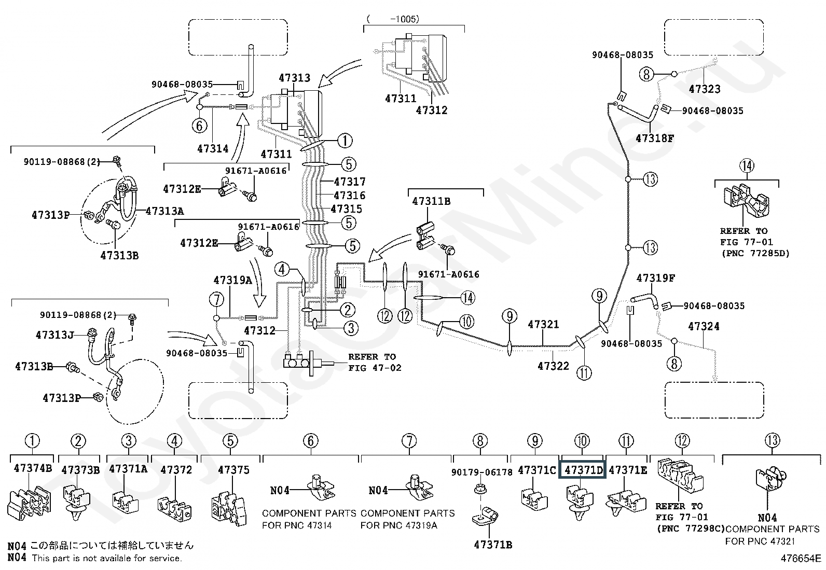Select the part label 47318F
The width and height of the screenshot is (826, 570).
point(655,138)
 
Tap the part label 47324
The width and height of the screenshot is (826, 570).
point(704,326)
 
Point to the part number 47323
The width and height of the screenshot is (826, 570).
point(704,89)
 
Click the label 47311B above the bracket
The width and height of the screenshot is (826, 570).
point(431,201)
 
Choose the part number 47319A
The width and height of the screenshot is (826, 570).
point(232,280)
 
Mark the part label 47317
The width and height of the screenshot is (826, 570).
point(350,182)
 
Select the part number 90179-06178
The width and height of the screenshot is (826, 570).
point(481,472)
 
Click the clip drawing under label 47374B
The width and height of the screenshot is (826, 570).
point(31,503)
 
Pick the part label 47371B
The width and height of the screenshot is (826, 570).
point(493,545)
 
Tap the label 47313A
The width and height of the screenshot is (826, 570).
point(164,211)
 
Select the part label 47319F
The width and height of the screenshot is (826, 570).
point(655,278)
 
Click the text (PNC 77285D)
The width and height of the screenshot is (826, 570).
point(755,253)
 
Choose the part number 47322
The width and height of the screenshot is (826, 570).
point(553,366)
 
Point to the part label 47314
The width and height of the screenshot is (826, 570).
point(213,149)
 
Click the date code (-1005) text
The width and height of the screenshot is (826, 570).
point(393,19)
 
